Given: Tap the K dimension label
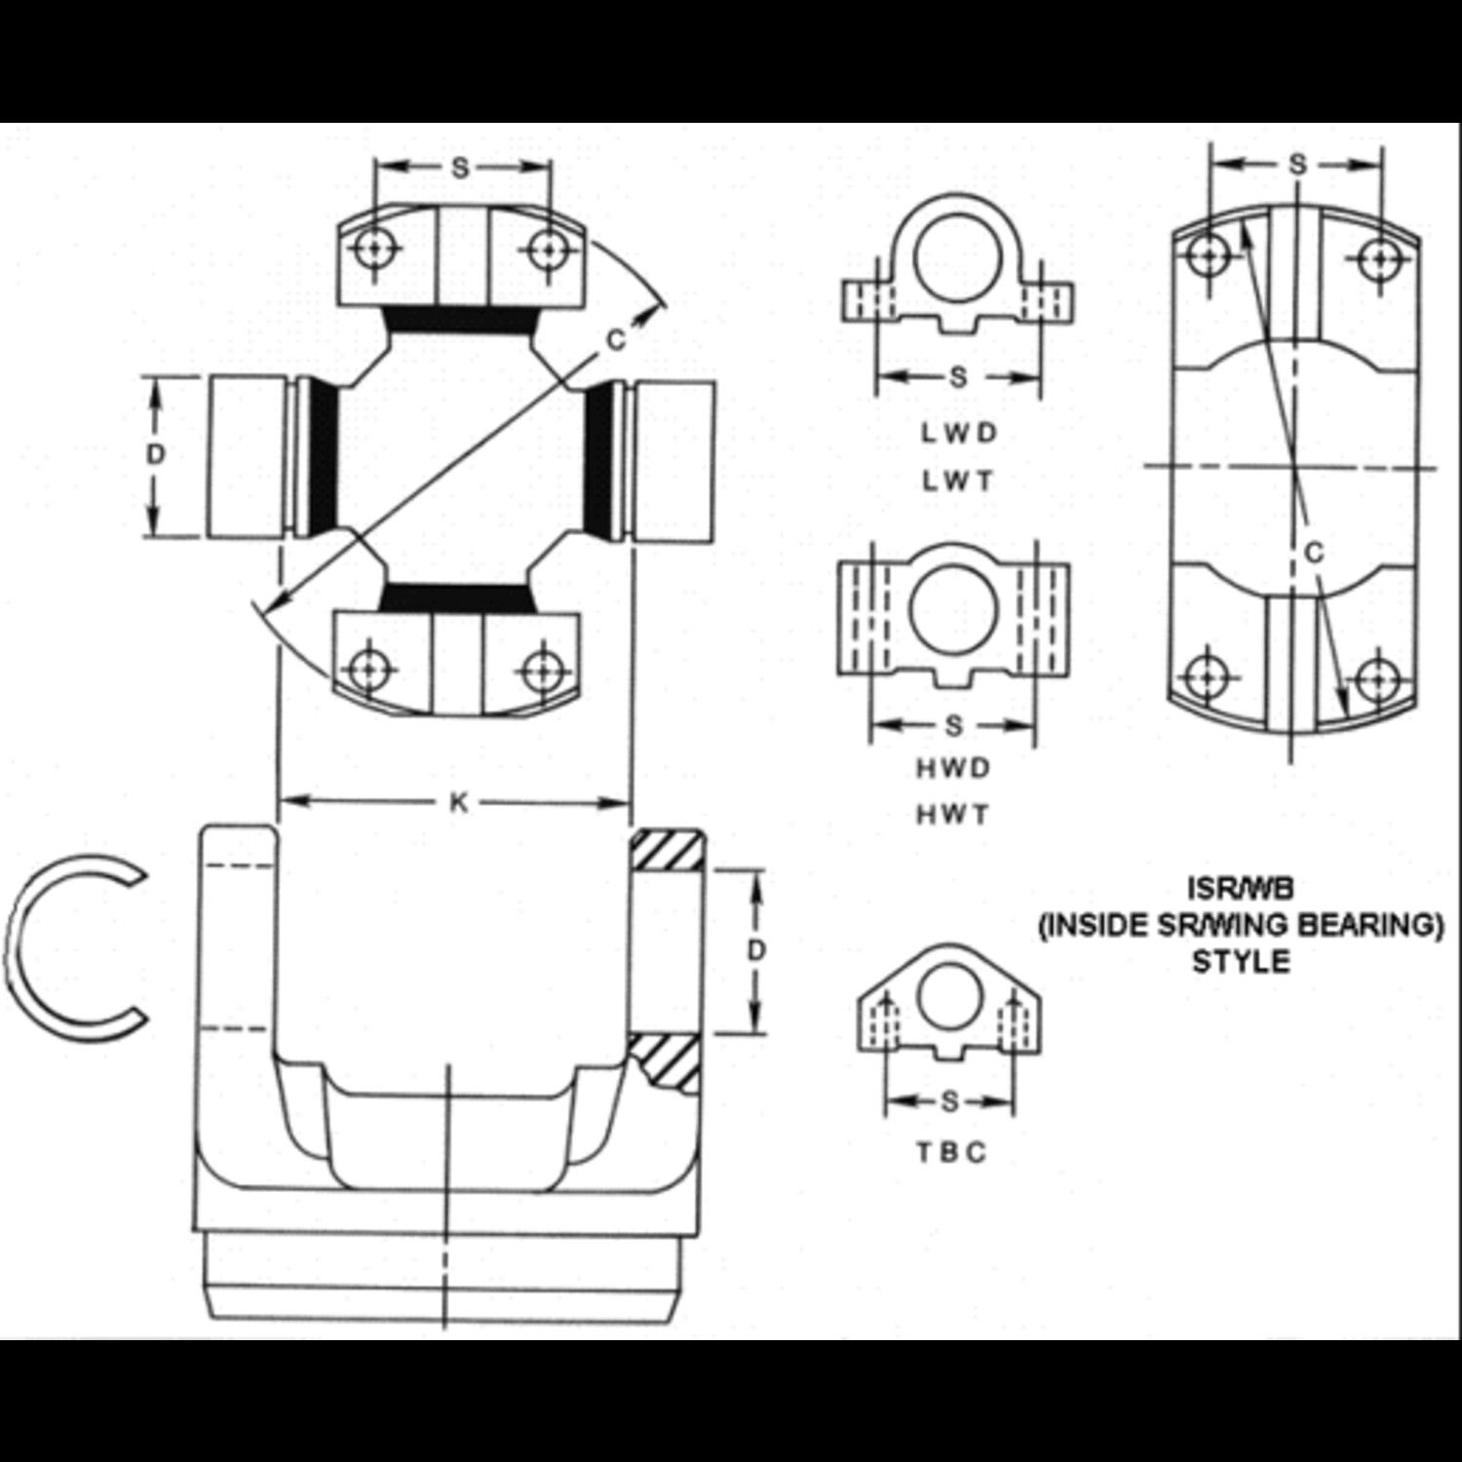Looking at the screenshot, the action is [x=457, y=802].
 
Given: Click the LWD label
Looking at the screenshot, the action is [x=959, y=433].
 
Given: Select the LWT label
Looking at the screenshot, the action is [x=959, y=481].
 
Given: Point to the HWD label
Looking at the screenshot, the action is [x=953, y=768].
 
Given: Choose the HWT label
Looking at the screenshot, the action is [x=953, y=815].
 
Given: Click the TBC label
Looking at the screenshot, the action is [x=950, y=1152].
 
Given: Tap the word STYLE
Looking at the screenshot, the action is [x=1241, y=961].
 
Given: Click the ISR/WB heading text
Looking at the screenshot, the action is [x=1241, y=889].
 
